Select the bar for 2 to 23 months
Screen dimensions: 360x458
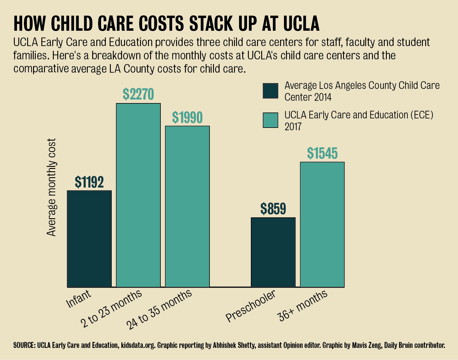pyautogui.click(x=138, y=195)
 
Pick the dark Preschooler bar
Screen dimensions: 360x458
pyautogui.click(x=273, y=252)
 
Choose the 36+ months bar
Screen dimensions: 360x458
pyautogui.click(x=322, y=224)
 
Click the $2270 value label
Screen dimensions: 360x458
pyautogui.click(x=138, y=94)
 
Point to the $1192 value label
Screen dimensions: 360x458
pyautogui.click(x=89, y=182)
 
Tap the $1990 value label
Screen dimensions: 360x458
pyautogui.click(x=187, y=117)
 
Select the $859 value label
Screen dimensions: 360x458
pyautogui.click(x=273, y=209)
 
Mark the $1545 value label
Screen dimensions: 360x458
pyautogui.click(x=322, y=153)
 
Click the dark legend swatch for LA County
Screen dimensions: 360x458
pyautogui.click(x=270, y=91)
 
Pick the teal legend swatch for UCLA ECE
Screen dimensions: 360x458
pyautogui.click(x=270, y=120)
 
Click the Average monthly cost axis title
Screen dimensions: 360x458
pyautogui.click(x=51, y=187)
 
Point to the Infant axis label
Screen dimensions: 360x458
pyautogui.click(x=79, y=299)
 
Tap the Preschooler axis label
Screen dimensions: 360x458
pyautogui.click(x=251, y=306)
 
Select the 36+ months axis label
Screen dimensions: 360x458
pyautogui.click(x=302, y=306)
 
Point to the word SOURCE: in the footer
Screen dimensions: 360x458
pyautogui.click(x=24, y=345)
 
